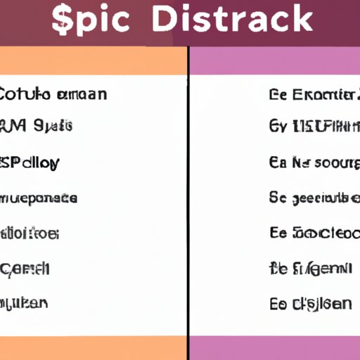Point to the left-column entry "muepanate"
coord(38,198)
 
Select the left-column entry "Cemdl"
coord(25,268)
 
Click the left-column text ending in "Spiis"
coord(36,127)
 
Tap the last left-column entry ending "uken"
coord(24,303)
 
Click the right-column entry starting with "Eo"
coord(310,303)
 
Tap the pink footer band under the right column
coord(275,347)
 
